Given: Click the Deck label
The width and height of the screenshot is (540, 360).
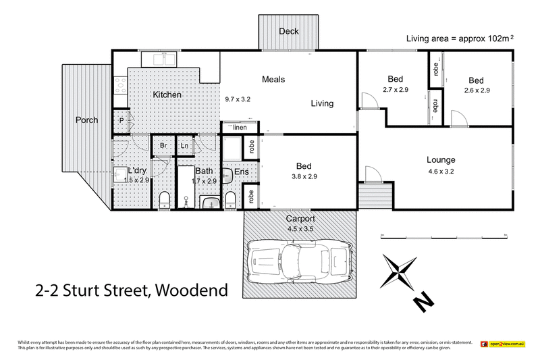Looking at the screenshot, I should (288, 31).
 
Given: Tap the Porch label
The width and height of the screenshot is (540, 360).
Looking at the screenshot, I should (86, 120).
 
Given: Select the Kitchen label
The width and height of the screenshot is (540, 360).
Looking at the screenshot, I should (167, 95).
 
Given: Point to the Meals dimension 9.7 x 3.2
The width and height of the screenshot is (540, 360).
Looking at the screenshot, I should (238, 99).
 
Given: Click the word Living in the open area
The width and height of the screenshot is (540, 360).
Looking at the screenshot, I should (322, 103).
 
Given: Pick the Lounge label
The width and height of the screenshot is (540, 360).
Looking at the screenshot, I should (441, 160).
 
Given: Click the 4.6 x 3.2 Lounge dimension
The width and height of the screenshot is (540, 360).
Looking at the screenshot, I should (441, 171).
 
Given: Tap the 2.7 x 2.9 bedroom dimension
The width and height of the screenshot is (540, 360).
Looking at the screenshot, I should (395, 89).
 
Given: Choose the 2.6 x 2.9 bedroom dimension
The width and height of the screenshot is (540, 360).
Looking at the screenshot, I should (477, 89).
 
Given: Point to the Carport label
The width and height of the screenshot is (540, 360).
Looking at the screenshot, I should (301, 219).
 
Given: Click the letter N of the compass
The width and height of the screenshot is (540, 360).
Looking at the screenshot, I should (424, 301).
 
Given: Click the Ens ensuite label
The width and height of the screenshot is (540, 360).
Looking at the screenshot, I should (241, 173).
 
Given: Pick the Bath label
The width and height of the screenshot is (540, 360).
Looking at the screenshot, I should (205, 170).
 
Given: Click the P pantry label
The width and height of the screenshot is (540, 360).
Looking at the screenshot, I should (122, 120).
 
